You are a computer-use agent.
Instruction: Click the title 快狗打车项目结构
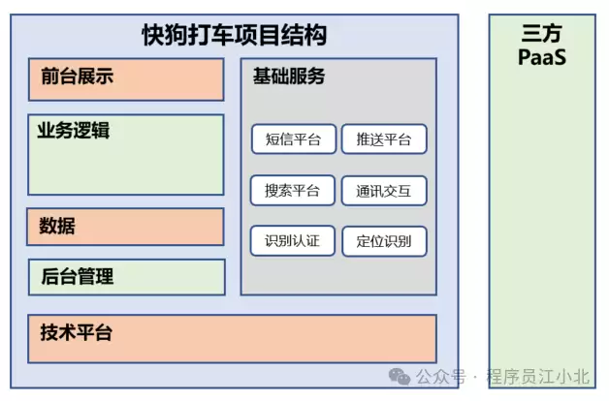234,37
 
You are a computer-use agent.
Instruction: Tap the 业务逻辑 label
74,131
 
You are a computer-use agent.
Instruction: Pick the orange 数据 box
126,227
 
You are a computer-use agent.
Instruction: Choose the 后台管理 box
126,277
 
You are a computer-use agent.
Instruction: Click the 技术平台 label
77,333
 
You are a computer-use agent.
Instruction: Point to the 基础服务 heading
288,77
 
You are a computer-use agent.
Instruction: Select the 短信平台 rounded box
293,139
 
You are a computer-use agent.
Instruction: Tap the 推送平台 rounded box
384,139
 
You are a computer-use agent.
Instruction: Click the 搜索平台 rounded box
293,191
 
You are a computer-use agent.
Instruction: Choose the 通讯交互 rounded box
384,191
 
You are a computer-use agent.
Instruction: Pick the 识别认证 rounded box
293,241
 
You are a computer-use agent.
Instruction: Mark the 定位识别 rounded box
384,241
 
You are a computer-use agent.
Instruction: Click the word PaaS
541,57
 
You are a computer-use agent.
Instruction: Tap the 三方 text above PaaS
541,35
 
